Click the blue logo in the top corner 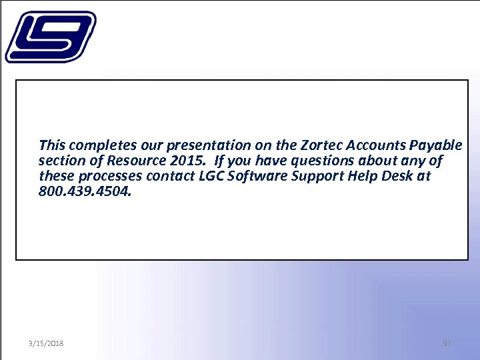pos(50,37)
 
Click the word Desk pos(398,177)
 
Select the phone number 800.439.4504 pos(80,192)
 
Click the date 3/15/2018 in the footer pos(46,343)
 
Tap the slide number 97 pos(447,343)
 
